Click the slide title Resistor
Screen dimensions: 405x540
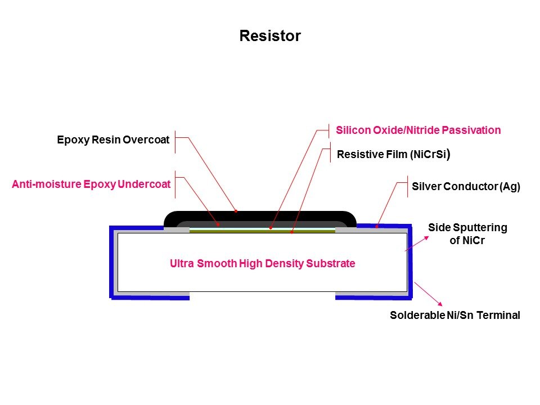[x=270, y=36]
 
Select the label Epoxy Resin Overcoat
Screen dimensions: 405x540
[x=113, y=140]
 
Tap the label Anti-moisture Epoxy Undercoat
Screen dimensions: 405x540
[x=91, y=184]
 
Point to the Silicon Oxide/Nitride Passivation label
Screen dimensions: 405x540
[x=418, y=130]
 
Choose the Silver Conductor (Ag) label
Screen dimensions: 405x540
[x=466, y=187]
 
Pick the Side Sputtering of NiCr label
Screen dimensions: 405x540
[x=467, y=234]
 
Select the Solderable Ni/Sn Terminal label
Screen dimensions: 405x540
[x=454, y=316]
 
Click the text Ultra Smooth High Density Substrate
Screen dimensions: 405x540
[x=262, y=263]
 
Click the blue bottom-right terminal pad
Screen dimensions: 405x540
[x=371, y=296]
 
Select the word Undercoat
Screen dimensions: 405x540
[x=145, y=184]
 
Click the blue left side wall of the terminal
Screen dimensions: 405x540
[x=112, y=262]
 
